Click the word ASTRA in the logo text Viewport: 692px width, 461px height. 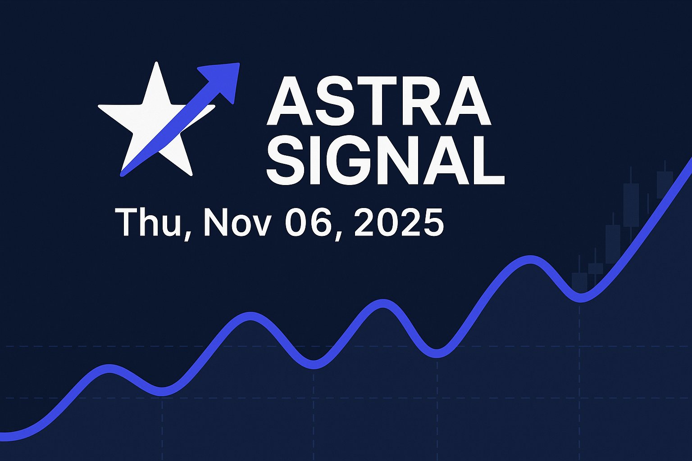pos(378,101)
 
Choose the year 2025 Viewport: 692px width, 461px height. pos(399,222)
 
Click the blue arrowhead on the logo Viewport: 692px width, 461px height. pos(223,79)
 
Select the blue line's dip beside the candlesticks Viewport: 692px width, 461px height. pos(581,298)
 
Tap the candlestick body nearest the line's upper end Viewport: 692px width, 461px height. pos(665,185)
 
